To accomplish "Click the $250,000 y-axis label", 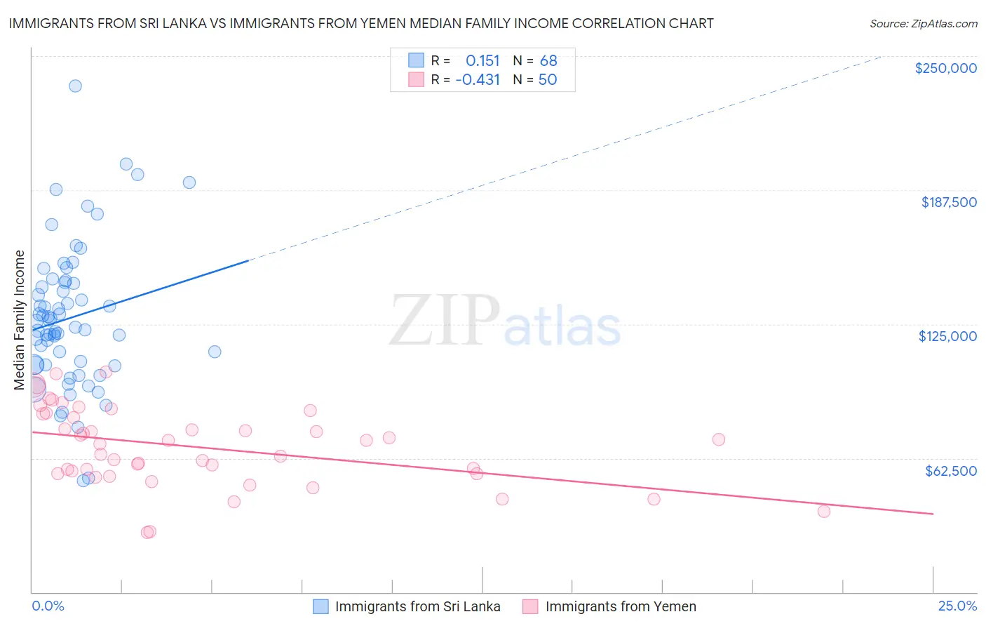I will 945,68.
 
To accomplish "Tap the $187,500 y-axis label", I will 948,202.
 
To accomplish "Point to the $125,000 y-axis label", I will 947,336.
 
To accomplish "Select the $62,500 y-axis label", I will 950,471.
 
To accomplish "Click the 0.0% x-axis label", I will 48,606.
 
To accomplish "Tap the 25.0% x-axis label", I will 957,606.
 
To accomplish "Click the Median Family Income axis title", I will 20,320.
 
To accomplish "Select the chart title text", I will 361,23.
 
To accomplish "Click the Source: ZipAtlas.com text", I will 923,23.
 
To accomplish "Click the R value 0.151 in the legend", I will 482,60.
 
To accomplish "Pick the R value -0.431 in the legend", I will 478,79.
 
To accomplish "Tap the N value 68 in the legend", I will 548,60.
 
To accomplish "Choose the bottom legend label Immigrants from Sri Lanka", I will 417,606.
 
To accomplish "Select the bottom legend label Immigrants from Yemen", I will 621,606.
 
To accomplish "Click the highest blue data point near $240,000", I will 75,86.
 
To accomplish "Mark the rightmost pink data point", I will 824,511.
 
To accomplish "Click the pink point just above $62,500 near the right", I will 719,439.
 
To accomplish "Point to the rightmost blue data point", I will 215,352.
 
